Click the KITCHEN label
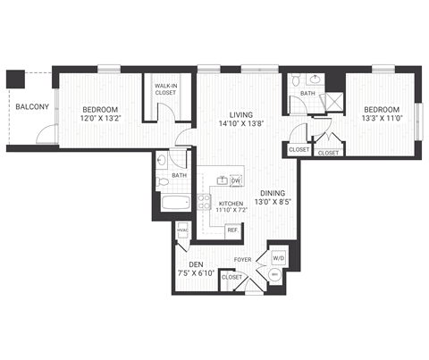tap(231, 204)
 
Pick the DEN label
tap(195, 265)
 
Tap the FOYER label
tap(242, 261)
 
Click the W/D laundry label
tap(277, 260)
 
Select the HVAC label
tap(182, 230)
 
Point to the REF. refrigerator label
tap(231, 230)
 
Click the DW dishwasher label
tap(236, 181)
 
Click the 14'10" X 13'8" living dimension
tap(241, 126)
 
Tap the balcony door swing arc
tap(44, 136)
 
